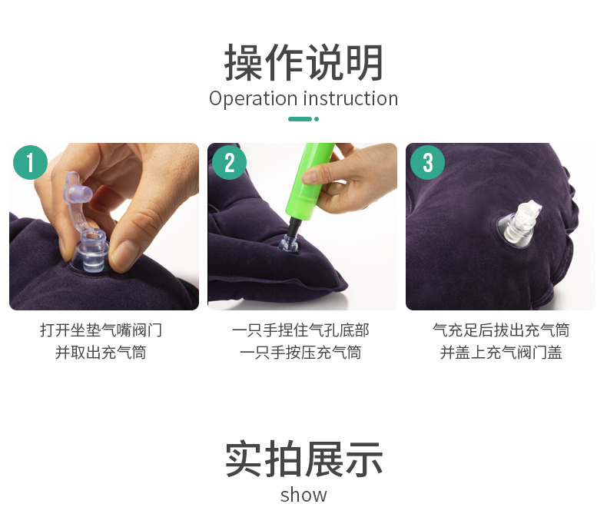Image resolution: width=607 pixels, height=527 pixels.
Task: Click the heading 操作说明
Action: tap(304, 62)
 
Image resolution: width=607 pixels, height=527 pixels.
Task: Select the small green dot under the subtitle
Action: tap(317, 119)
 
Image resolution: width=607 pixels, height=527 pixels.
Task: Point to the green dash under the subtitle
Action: tap(300, 119)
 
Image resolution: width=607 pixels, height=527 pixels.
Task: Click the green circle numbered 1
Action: tap(30, 162)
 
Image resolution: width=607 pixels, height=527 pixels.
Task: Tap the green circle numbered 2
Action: tap(229, 162)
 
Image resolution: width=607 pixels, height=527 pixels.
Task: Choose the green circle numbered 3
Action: tap(427, 162)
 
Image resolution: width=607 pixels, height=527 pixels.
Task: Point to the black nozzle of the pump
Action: tap(294, 227)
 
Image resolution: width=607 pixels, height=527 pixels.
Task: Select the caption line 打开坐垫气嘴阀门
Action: tap(101, 330)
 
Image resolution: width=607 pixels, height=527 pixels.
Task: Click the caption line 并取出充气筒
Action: tap(101, 353)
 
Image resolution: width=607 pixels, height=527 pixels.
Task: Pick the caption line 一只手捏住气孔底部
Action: tap(300, 330)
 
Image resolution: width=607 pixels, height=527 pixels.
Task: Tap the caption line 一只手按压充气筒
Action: tap(300, 353)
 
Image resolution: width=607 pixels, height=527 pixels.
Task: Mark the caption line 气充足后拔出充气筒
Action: tap(501, 330)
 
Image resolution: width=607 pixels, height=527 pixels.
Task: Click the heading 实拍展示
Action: tap(304, 459)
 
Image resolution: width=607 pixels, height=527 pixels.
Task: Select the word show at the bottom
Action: tap(304, 496)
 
